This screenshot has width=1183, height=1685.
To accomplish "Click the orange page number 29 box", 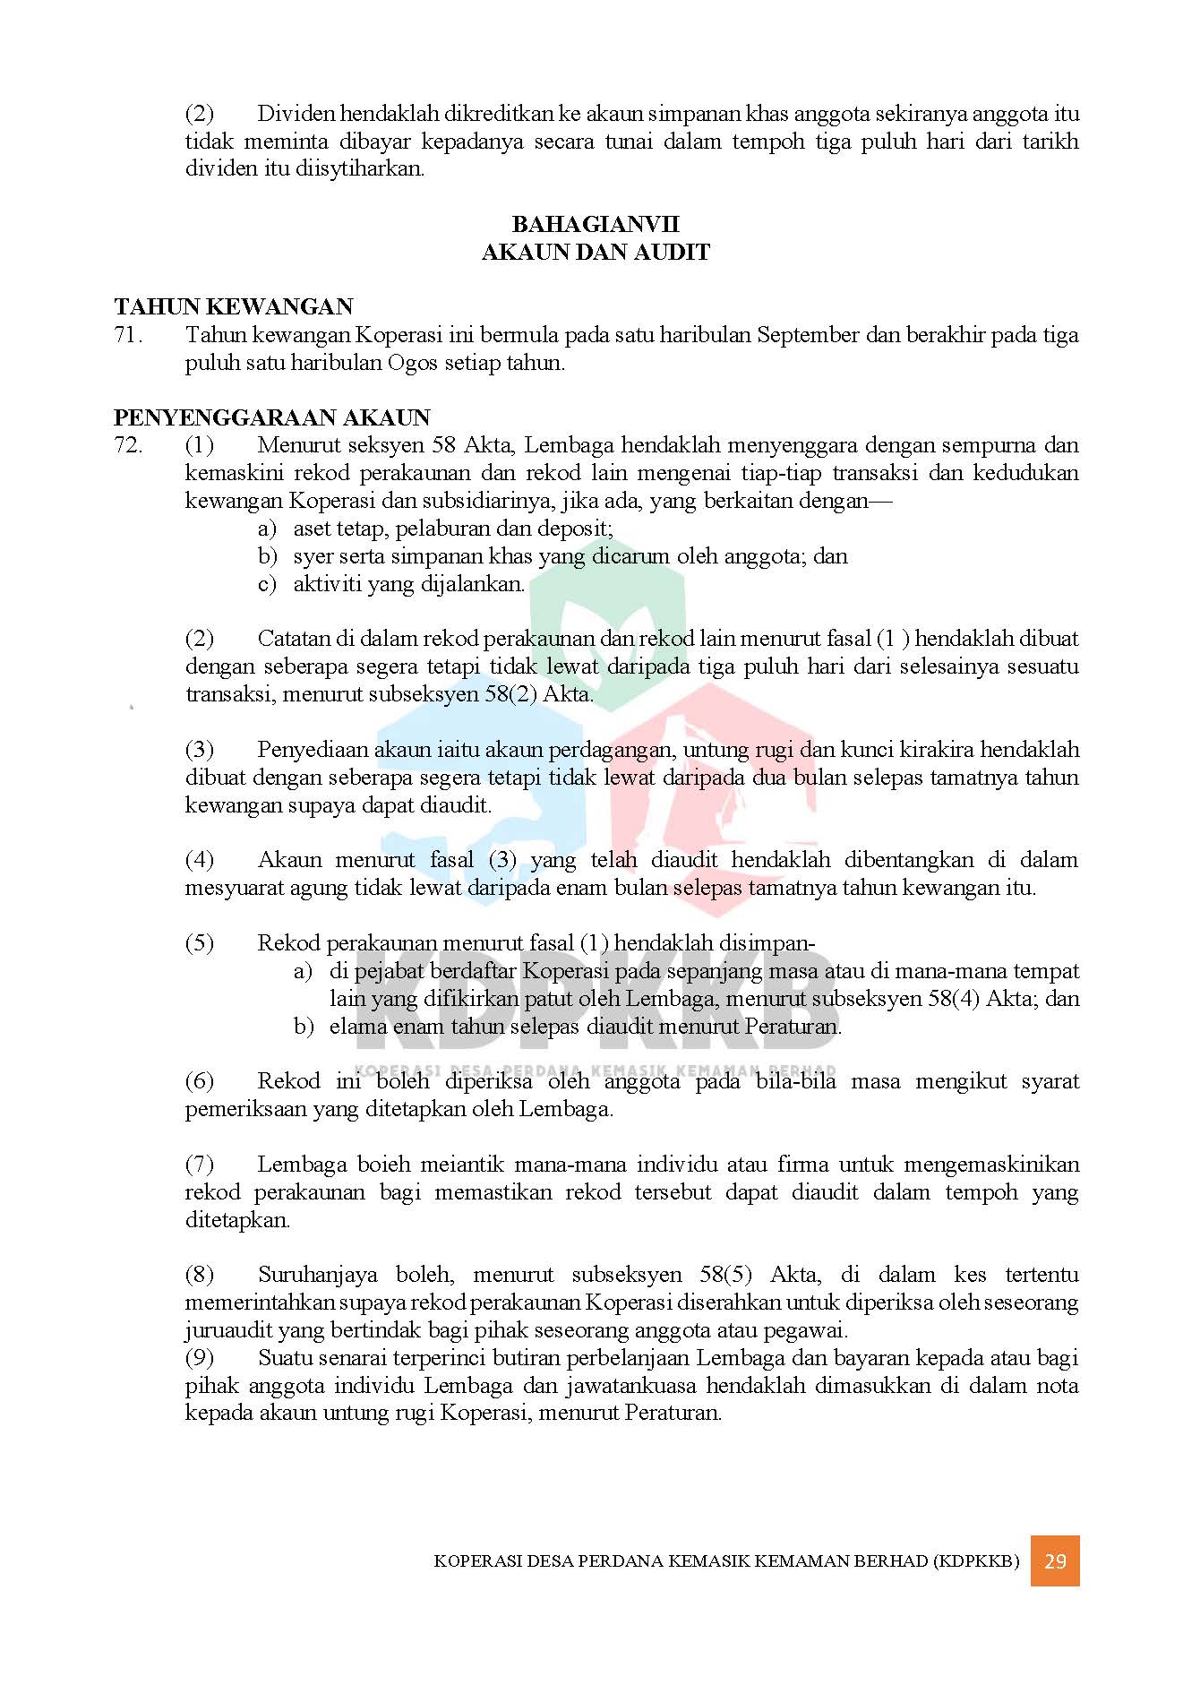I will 1054,1560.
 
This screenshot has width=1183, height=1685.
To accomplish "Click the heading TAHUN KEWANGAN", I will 233,307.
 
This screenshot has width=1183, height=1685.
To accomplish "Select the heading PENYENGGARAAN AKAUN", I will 272,417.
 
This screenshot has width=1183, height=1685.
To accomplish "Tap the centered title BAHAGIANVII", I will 596,224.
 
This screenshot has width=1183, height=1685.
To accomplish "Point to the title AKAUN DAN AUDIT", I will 596,253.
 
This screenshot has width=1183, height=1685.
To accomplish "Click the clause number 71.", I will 128,335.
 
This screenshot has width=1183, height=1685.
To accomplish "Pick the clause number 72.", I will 128,445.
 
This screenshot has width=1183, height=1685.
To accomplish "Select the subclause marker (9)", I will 199,1358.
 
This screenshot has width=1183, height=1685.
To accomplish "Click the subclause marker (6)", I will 199,1081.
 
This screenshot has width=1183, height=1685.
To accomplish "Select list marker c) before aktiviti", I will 267,584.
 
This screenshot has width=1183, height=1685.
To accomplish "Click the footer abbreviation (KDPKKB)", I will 975,1561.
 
